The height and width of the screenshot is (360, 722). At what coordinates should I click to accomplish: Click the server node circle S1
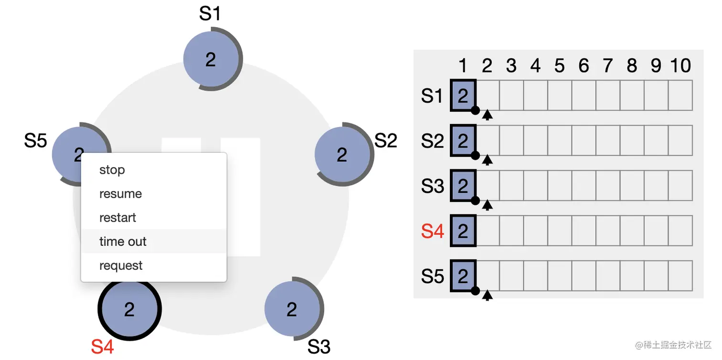click(211, 59)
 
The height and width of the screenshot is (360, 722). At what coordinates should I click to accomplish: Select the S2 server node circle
click(342, 154)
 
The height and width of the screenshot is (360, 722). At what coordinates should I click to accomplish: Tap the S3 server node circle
click(292, 309)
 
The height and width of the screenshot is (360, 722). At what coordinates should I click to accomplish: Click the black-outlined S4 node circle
click(129, 309)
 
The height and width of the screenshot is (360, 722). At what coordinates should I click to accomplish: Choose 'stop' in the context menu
click(112, 170)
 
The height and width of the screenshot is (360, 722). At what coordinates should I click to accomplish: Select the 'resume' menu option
click(120, 194)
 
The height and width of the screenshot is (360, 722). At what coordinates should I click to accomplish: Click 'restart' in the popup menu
click(117, 218)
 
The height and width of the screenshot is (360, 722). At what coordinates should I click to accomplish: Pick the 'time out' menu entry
click(123, 242)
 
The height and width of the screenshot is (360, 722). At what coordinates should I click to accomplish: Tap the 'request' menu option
click(121, 265)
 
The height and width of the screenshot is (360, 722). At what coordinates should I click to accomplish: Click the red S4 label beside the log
click(433, 232)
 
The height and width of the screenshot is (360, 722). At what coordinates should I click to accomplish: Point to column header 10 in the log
click(680, 66)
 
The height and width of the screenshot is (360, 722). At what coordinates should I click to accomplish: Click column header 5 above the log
click(560, 66)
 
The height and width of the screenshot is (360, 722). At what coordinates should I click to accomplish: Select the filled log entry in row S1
click(463, 96)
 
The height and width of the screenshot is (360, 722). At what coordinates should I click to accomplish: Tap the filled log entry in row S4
click(463, 231)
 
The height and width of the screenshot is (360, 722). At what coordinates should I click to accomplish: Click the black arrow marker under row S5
click(487, 296)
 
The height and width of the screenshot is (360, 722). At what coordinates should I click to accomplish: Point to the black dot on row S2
click(475, 156)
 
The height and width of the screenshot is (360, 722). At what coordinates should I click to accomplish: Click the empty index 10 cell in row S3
click(680, 186)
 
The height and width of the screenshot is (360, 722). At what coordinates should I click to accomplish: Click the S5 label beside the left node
click(36, 141)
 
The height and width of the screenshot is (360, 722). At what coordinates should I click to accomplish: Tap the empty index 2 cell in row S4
click(488, 231)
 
